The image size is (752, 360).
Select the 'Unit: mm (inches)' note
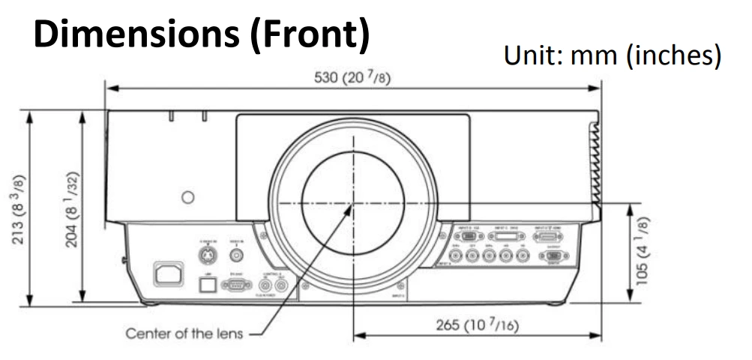pos(613,55)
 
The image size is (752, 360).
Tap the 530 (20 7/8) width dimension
pos(352,79)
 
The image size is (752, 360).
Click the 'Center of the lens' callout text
pos(184,333)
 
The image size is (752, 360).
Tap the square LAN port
pos(210,283)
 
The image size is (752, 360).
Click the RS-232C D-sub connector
pos(237,284)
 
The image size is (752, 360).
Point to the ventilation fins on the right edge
pos(595,165)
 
